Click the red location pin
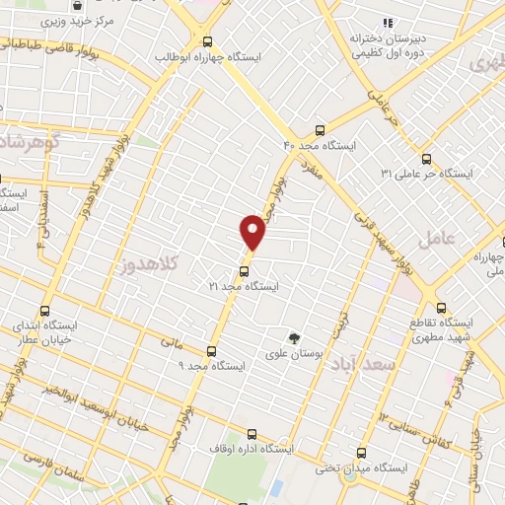coord(253,232)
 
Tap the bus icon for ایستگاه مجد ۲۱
coord(245,270)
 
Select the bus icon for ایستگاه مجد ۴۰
coord(319,130)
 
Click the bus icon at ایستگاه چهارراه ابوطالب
coord(207,41)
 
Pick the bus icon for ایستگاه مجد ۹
coord(211,351)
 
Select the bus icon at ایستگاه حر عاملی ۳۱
coord(426,158)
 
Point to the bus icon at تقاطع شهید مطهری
coord(441,307)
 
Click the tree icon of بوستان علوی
coord(293,338)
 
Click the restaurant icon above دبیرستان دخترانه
coord(389,22)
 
